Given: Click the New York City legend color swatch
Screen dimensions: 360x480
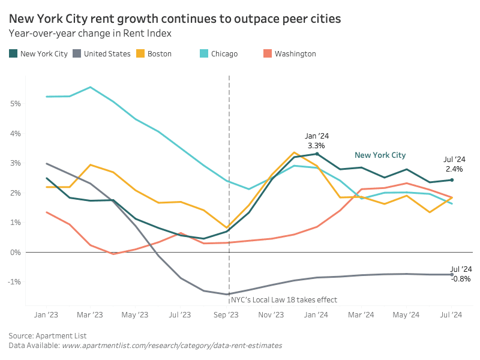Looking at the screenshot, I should click(x=13, y=53).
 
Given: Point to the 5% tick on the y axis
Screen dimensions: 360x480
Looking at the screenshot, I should click(x=16, y=103).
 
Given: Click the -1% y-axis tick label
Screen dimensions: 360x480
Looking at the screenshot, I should click(x=14, y=281).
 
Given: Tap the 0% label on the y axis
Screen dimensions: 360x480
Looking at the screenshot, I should click(x=16, y=252).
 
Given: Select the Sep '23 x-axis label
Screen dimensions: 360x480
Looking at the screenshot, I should click(x=226, y=314).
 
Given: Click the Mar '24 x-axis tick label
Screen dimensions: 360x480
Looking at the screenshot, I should click(x=361, y=314).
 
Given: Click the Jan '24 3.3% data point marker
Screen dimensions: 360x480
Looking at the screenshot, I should click(x=317, y=154).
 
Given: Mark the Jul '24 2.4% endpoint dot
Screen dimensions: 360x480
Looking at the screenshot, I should click(x=452, y=180).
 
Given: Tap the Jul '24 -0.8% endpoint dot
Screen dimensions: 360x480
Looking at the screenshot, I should click(x=452, y=275).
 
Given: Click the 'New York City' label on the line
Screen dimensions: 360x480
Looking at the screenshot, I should click(x=380, y=155).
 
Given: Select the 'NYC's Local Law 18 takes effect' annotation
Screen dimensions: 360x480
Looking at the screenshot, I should click(x=284, y=299).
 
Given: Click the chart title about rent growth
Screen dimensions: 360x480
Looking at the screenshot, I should click(x=175, y=19).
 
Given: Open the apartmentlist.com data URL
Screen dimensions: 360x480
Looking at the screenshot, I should click(x=172, y=346).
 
